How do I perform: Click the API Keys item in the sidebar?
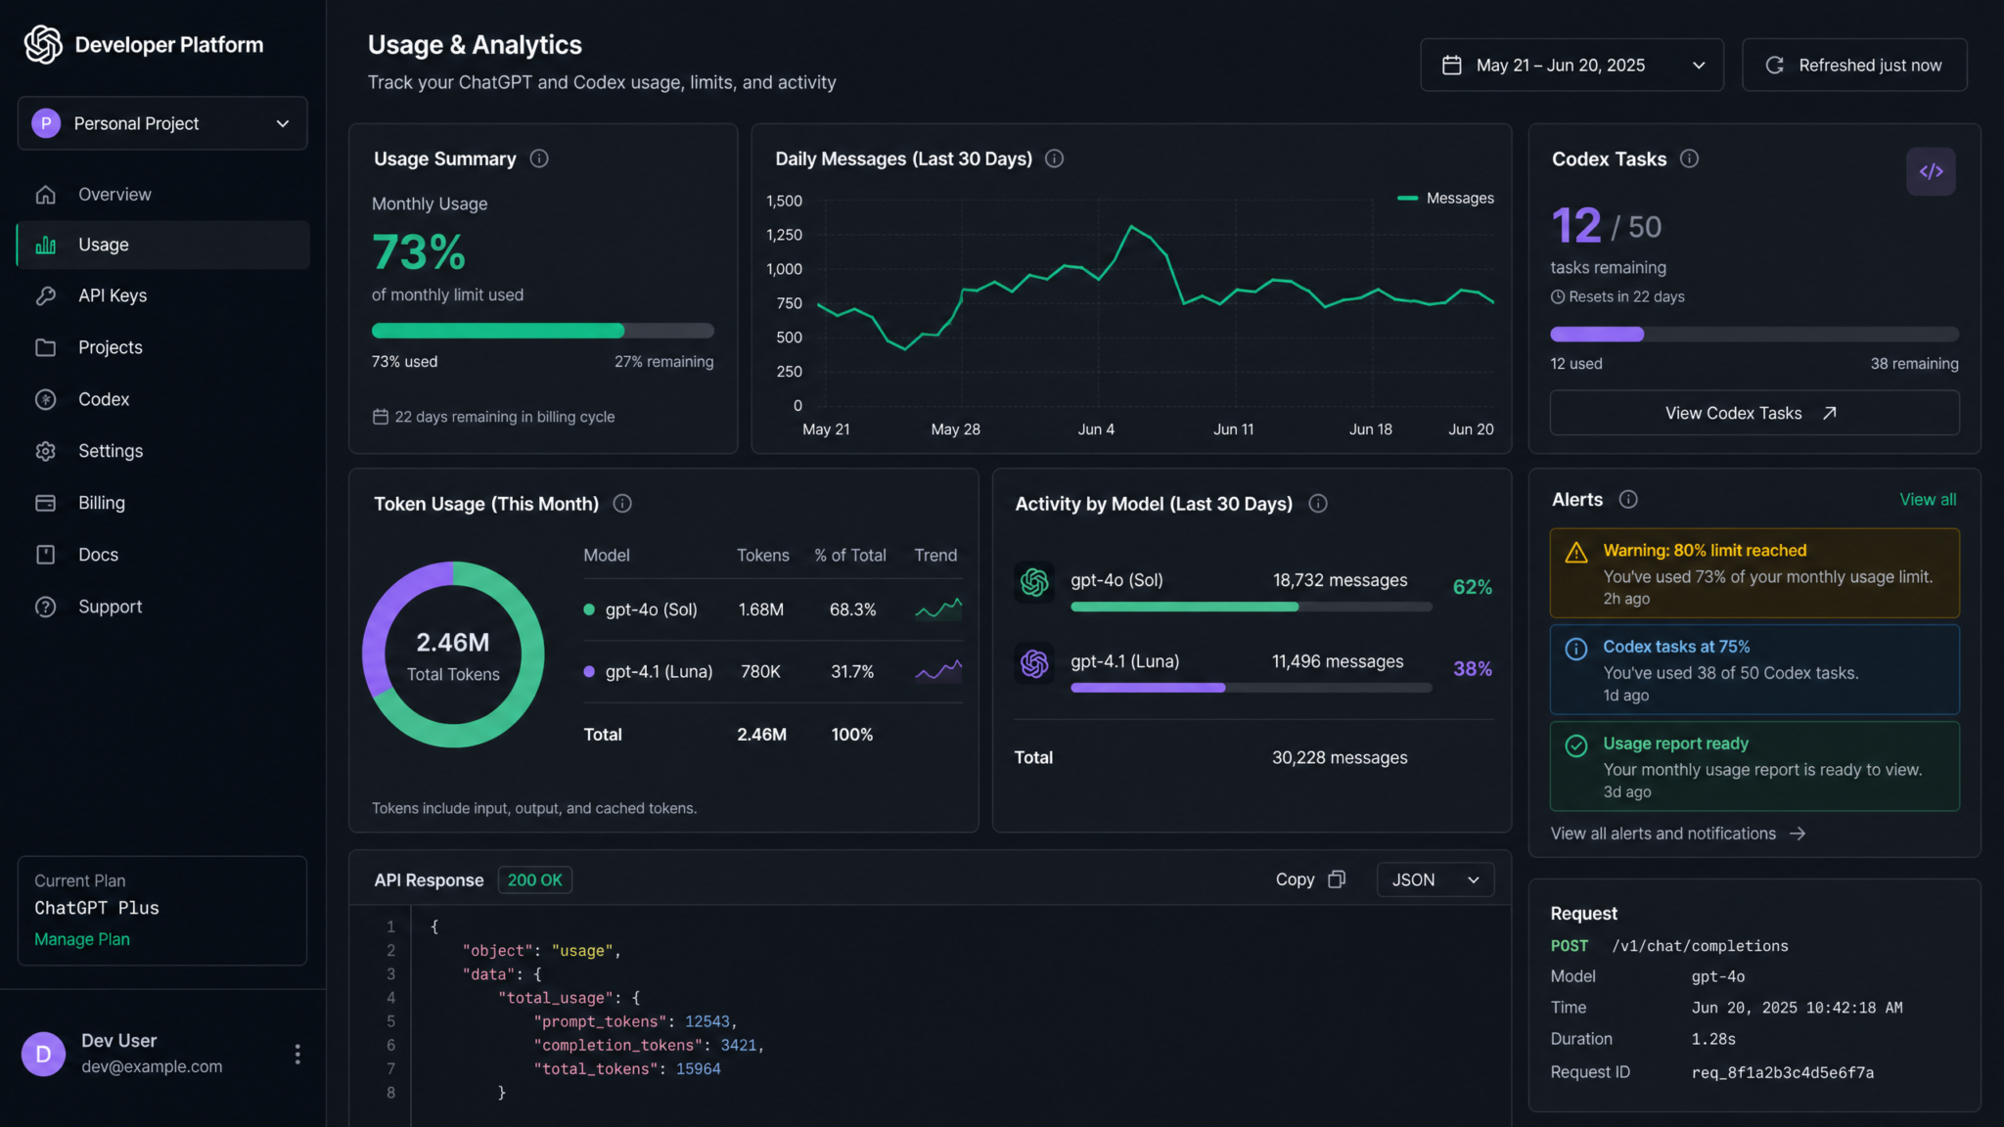(113, 295)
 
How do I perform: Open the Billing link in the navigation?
(102, 503)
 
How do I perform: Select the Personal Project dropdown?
(162, 123)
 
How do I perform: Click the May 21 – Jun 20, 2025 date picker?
(1571, 66)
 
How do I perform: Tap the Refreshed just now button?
(1854, 66)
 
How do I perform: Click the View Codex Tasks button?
(1754, 413)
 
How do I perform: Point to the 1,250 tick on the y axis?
(784, 235)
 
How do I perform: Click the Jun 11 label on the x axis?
(1233, 429)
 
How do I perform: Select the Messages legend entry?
(1445, 199)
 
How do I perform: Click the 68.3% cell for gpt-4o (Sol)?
(852, 609)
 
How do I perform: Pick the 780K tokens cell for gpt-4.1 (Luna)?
(760, 672)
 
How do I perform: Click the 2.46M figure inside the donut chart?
(453, 643)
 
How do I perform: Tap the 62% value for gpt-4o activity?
(1472, 587)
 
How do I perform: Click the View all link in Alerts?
(1928, 500)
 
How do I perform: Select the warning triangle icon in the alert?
(1576, 553)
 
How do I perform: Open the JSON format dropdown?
(1435, 880)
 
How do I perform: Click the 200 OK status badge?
(535, 880)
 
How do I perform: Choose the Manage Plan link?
(82, 939)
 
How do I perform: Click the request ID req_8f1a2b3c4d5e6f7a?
(1783, 1073)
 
